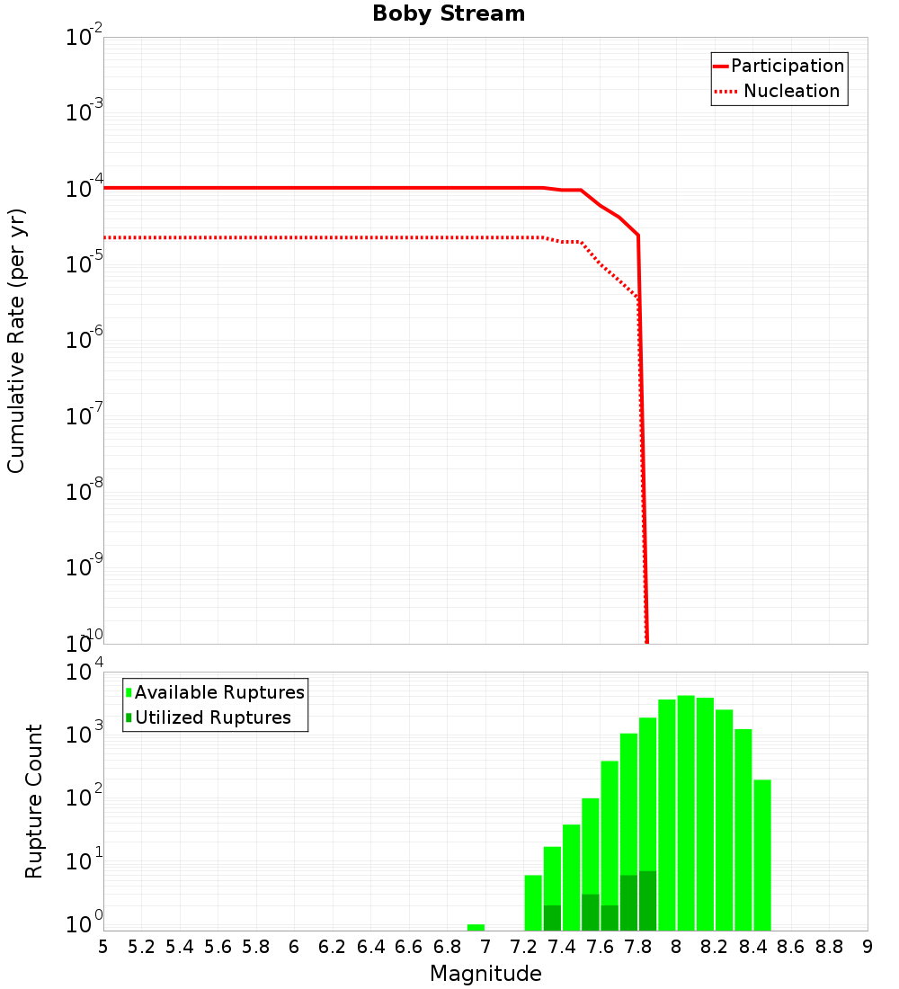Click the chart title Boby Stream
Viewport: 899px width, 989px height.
pos(449,14)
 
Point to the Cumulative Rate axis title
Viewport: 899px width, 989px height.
pos(16,341)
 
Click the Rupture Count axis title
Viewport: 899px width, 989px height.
pos(34,801)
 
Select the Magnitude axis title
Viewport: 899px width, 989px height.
pos(485,974)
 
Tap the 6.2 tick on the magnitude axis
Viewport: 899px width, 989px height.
pos(333,947)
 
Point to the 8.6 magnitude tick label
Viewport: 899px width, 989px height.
pos(791,947)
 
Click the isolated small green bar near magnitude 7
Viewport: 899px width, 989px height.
pos(476,927)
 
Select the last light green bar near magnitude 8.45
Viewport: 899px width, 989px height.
pos(762,854)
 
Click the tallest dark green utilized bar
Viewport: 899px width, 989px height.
pos(648,900)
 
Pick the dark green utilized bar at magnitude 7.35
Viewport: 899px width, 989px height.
pos(552,917)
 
